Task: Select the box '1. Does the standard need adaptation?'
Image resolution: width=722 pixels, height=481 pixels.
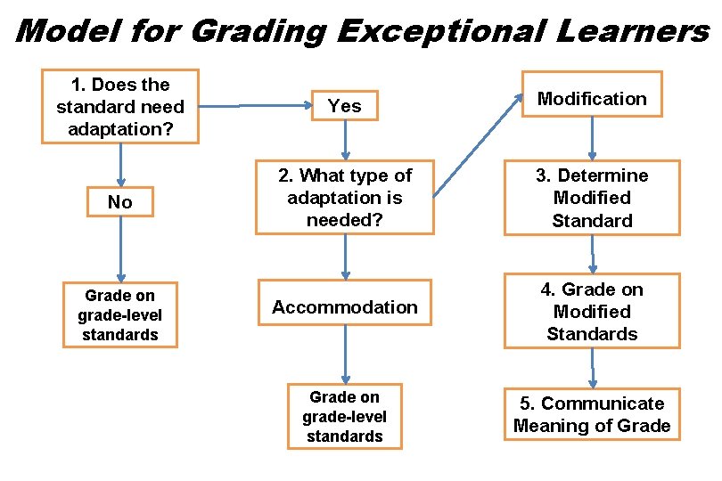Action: tap(119, 107)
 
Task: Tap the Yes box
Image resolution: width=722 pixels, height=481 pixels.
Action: tap(344, 106)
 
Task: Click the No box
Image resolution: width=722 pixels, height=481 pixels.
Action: tap(119, 202)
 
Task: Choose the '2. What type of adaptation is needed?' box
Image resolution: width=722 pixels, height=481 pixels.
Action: tap(344, 198)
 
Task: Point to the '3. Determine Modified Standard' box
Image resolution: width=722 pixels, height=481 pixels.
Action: tap(592, 198)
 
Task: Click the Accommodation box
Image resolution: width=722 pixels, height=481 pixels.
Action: tap(344, 307)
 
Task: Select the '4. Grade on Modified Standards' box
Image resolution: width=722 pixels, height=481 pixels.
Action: tap(592, 312)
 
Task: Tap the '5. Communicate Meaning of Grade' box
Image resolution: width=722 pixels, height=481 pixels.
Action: tap(592, 415)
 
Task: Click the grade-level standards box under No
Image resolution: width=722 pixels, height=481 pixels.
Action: tap(119, 315)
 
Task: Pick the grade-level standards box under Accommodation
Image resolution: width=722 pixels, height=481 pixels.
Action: tap(344, 416)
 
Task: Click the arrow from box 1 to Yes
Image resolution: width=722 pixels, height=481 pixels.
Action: tap(253, 106)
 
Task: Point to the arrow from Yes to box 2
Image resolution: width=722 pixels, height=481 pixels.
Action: tap(345, 141)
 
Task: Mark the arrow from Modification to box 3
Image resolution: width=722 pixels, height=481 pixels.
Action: tap(592, 139)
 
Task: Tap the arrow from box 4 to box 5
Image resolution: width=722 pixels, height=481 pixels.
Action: tap(592, 368)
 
